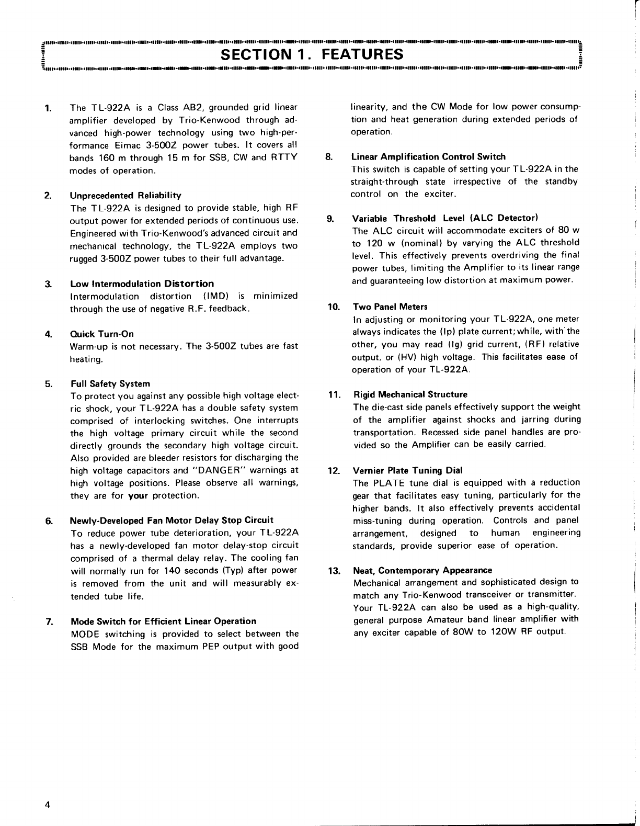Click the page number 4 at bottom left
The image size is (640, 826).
(47, 805)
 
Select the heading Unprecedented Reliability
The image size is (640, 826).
(125, 196)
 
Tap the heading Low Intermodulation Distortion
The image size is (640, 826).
(142, 284)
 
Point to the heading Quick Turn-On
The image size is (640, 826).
(102, 334)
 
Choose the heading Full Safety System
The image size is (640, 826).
(110, 383)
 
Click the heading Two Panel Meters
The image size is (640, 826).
(390, 307)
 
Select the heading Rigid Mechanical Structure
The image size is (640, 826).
(410, 394)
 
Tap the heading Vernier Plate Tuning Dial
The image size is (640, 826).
(408, 470)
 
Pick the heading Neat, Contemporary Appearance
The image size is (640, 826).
(422, 570)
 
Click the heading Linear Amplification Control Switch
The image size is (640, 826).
(428, 156)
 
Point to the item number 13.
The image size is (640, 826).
(333, 570)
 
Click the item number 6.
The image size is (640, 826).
(48, 521)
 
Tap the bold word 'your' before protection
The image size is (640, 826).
(138, 495)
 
